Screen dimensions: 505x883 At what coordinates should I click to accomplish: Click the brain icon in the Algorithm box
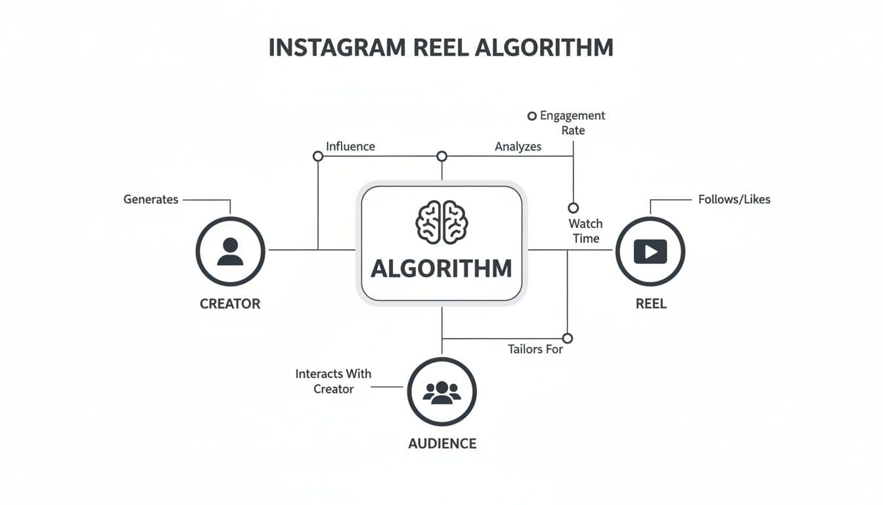pos(442,222)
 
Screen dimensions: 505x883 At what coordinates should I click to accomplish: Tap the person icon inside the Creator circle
pos(230,251)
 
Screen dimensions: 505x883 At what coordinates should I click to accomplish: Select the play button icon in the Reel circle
pos(650,251)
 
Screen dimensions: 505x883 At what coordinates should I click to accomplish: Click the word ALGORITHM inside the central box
pos(442,268)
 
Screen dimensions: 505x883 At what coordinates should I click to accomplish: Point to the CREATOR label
pos(230,304)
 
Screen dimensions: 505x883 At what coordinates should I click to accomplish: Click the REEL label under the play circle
pos(651,304)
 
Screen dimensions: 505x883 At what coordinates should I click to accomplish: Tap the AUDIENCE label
pos(442,443)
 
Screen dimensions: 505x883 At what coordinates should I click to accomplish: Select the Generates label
pos(150,199)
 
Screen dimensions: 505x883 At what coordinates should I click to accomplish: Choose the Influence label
pos(350,146)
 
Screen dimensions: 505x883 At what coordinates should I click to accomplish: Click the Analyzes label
pos(518,147)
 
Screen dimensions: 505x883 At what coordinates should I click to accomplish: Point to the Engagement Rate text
pos(572,123)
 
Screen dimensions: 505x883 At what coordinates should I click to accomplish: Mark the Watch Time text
pos(585,231)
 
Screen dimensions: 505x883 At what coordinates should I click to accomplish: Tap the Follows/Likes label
pos(734,199)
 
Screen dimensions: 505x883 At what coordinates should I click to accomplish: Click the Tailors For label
pos(535,349)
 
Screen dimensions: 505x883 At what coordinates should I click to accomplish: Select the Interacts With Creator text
pos(333,381)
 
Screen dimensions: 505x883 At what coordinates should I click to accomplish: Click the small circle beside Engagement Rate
pos(532,116)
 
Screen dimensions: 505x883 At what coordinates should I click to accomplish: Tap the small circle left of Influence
pos(318,156)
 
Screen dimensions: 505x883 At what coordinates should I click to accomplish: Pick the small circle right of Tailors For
pos(568,338)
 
